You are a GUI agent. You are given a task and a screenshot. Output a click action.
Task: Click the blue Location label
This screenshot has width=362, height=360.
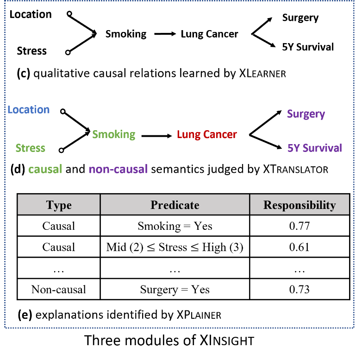point(29,110)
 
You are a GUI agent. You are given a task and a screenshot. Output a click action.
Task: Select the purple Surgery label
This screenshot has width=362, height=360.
point(306,114)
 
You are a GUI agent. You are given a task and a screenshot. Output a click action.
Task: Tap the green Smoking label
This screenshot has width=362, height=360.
point(113,134)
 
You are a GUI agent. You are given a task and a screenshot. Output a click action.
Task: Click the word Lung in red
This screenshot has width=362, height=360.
point(188,135)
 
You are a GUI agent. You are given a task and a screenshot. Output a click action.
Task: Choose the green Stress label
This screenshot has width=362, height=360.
point(31,148)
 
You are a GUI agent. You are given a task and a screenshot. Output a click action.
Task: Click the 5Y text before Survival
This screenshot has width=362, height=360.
point(294,148)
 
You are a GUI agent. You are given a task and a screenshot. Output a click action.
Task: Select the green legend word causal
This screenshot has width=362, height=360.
point(45,170)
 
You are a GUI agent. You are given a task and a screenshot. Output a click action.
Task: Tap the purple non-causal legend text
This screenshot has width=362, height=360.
point(118,170)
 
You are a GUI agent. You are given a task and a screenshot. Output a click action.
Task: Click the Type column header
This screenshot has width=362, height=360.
point(59,205)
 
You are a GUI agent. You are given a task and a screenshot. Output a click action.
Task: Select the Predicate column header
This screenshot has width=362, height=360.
point(175,205)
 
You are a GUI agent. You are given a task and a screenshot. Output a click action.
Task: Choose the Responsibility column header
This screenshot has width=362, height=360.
point(300,205)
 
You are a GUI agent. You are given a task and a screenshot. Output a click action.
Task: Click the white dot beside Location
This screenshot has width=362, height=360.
point(62,111)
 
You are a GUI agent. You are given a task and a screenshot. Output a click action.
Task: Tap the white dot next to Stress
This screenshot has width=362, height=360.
point(61,150)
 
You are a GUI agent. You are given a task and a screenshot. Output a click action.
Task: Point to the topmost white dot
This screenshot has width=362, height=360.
point(69,13)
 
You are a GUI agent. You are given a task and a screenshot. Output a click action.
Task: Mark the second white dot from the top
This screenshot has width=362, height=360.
point(68,52)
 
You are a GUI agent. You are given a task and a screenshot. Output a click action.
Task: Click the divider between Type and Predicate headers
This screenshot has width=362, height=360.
point(100,205)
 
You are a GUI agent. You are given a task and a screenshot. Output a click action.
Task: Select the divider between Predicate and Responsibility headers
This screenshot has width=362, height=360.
point(250,205)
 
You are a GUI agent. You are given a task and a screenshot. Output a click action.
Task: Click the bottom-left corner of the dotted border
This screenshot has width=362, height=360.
point(5,328)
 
